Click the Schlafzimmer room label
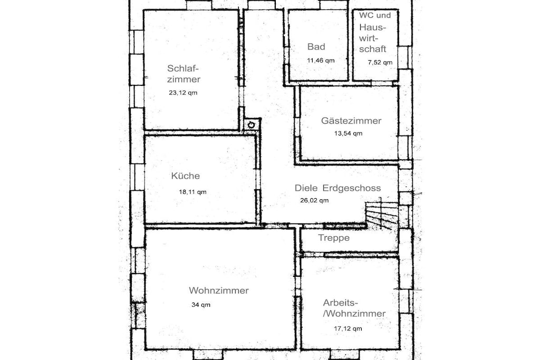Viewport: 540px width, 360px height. pyautogui.click(x=184, y=74)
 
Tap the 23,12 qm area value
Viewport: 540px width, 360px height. pyautogui.click(x=183, y=93)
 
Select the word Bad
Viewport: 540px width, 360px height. pyautogui.click(x=316, y=46)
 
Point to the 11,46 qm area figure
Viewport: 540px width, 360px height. pyautogui.click(x=321, y=61)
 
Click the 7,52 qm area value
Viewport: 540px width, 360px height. pyautogui.click(x=380, y=62)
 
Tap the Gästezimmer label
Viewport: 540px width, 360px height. pyautogui.click(x=351, y=121)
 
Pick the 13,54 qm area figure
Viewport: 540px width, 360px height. pyautogui.click(x=348, y=133)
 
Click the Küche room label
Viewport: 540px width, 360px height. pyautogui.click(x=185, y=176)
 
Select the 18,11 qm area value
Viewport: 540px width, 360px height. pyautogui.click(x=192, y=192)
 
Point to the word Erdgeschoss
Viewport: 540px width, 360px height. pyautogui.click(x=352, y=188)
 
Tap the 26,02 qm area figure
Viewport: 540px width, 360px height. pyautogui.click(x=314, y=200)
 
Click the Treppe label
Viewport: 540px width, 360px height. pyautogui.click(x=334, y=238)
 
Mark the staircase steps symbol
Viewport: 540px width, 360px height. pyautogui.click(x=381, y=213)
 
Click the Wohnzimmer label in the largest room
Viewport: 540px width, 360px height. pyautogui.click(x=219, y=290)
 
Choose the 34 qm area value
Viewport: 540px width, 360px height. pyautogui.click(x=201, y=305)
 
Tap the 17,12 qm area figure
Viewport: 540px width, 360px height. pyautogui.click(x=348, y=328)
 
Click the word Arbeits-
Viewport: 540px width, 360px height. pyautogui.click(x=341, y=303)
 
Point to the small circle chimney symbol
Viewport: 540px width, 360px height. pyautogui.click(x=252, y=125)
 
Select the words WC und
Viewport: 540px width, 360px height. pyautogui.click(x=375, y=15)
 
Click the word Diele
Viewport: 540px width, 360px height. pyautogui.click(x=306, y=188)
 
